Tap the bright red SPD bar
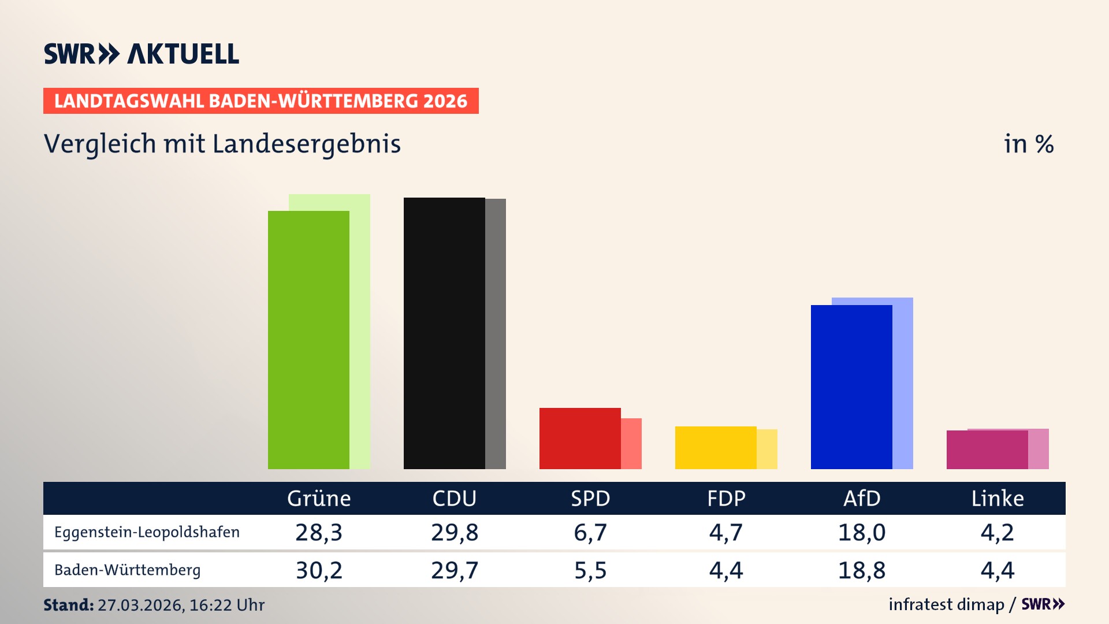click(580, 439)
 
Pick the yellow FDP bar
click(716, 448)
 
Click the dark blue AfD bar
click(851, 387)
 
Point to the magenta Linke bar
click(987, 450)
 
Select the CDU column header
click(455, 499)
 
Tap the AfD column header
click(862, 499)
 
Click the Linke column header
click(998, 499)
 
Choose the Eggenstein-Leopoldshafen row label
click(147, 532)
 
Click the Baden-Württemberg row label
click(127, 570)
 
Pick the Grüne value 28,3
click(319, 532)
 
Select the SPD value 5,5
click(590, 570)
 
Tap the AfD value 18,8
click(862, 570)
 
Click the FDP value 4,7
click(726, 532)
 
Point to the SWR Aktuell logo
click(142, 54)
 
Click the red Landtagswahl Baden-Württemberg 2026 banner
click(260, 101)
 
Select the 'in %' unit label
click(1029, 144)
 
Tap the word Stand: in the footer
click(68, 605)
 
